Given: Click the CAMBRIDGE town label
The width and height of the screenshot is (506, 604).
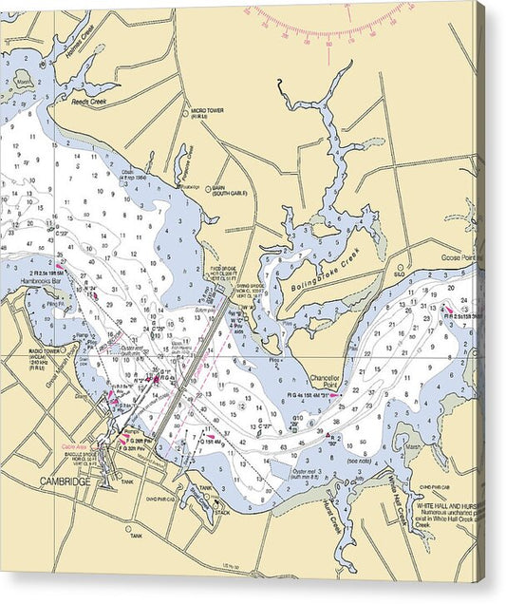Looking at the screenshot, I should pyautogui.click(x=66, y=481).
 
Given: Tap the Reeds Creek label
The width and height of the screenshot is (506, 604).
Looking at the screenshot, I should pyautogui.click(x=90, y=99).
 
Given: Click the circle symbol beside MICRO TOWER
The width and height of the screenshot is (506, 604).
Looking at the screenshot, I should pyautogui.click(x=186, y=112).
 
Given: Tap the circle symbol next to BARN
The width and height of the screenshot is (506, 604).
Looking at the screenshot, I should pyautogui.click(x=208, y=188).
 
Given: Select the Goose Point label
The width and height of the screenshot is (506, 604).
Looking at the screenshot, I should pyautogui.click(x=461, y=258).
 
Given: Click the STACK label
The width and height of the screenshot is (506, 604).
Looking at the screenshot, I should pyautogui.click(x=222, y=512).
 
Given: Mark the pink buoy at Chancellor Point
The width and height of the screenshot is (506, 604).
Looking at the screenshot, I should pyautogui.click(x=334, y=395).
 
